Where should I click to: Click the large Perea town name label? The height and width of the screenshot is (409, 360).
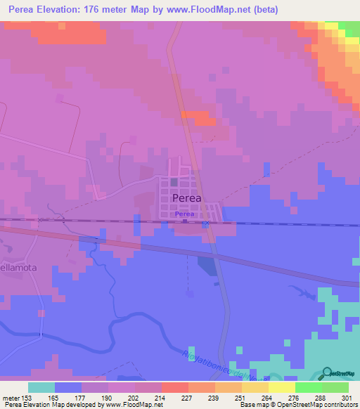186,198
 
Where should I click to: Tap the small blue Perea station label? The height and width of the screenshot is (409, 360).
184,214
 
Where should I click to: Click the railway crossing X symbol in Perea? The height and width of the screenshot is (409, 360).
205,224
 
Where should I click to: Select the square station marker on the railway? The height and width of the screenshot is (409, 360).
185,222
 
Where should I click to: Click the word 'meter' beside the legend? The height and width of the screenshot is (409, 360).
11,397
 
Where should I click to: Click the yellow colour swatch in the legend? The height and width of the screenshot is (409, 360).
281,387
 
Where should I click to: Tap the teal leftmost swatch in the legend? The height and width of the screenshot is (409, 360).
41,387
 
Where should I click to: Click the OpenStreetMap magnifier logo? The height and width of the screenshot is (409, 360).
328,372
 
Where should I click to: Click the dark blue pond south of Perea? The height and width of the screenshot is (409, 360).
208,265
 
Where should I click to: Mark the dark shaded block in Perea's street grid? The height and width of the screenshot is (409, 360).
174,182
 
